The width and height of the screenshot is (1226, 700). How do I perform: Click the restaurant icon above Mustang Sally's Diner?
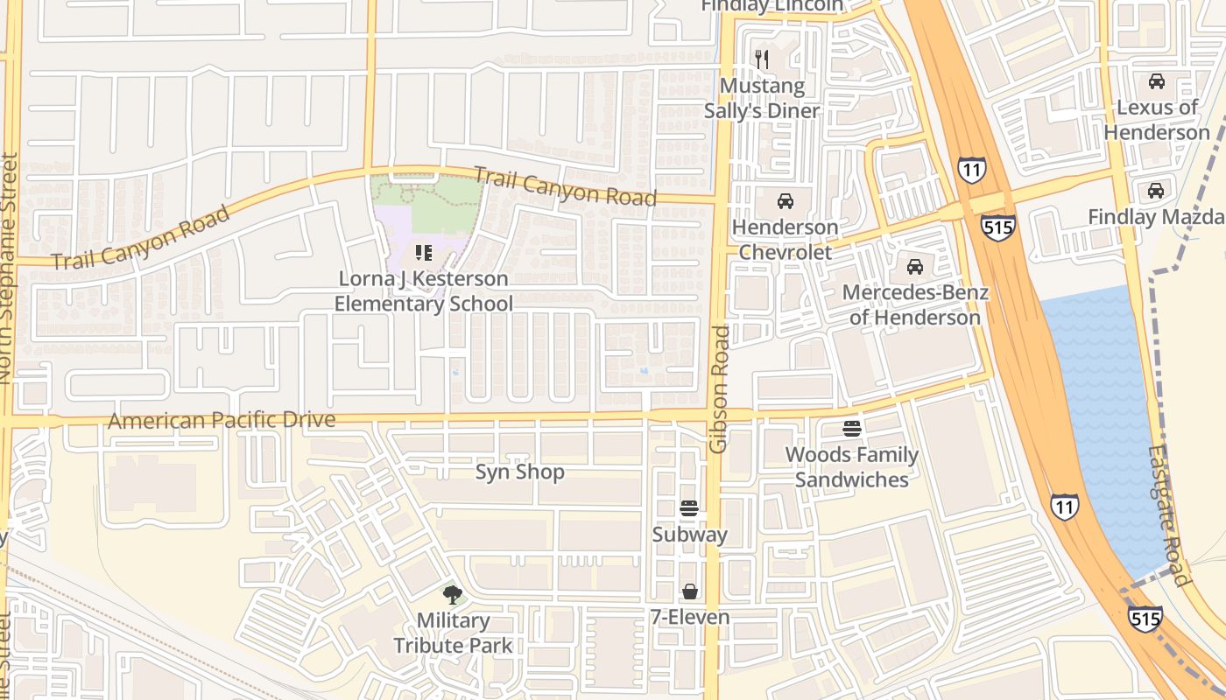[x=762, y=59]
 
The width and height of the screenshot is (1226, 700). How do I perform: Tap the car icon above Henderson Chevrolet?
[x=786, y=201]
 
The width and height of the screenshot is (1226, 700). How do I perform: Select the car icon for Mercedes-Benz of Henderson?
[x=915, y=266]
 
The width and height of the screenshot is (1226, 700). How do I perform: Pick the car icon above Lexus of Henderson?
[x=1156, y=81]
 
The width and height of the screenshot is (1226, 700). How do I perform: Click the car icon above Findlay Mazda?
[x=1156, y=191]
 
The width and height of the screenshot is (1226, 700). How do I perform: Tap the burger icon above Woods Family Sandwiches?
[x=851, y=429]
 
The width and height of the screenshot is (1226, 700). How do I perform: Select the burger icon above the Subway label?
[x=689, y=508]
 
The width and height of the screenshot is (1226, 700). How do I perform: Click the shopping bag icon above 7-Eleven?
[x=689, y=591]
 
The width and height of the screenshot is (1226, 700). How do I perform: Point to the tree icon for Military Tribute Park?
[x=452, y=595]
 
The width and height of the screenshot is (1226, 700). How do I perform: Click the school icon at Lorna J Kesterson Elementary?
[x=424, y=254]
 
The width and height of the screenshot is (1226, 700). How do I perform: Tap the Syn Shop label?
[x=519, y=472]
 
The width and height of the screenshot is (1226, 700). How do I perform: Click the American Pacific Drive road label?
[x=222, y=420]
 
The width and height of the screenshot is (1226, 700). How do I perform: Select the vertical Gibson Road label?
[x=719, y=389]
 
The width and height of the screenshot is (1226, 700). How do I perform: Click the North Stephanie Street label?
[x=9, y=268]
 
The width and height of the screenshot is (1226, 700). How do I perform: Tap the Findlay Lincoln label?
[x=772, y=6]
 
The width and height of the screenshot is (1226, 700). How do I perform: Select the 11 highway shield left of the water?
[x=1064, y=506]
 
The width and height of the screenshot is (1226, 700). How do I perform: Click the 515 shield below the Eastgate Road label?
[x=1145, y=619]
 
